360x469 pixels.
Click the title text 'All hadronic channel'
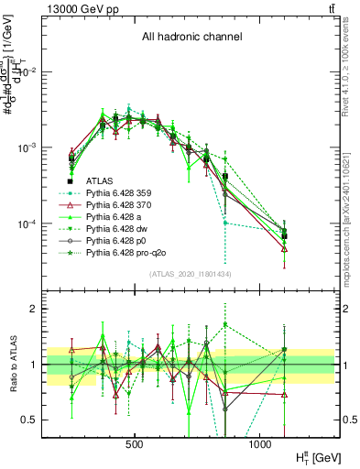(x=191, y=37)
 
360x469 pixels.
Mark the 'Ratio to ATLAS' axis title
(x=10, y=364)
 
